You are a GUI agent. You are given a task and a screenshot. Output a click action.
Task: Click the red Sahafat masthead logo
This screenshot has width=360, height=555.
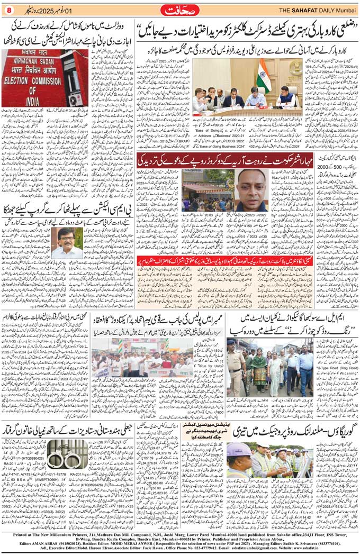181,9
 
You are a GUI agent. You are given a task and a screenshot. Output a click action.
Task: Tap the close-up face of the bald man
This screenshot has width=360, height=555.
252,189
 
